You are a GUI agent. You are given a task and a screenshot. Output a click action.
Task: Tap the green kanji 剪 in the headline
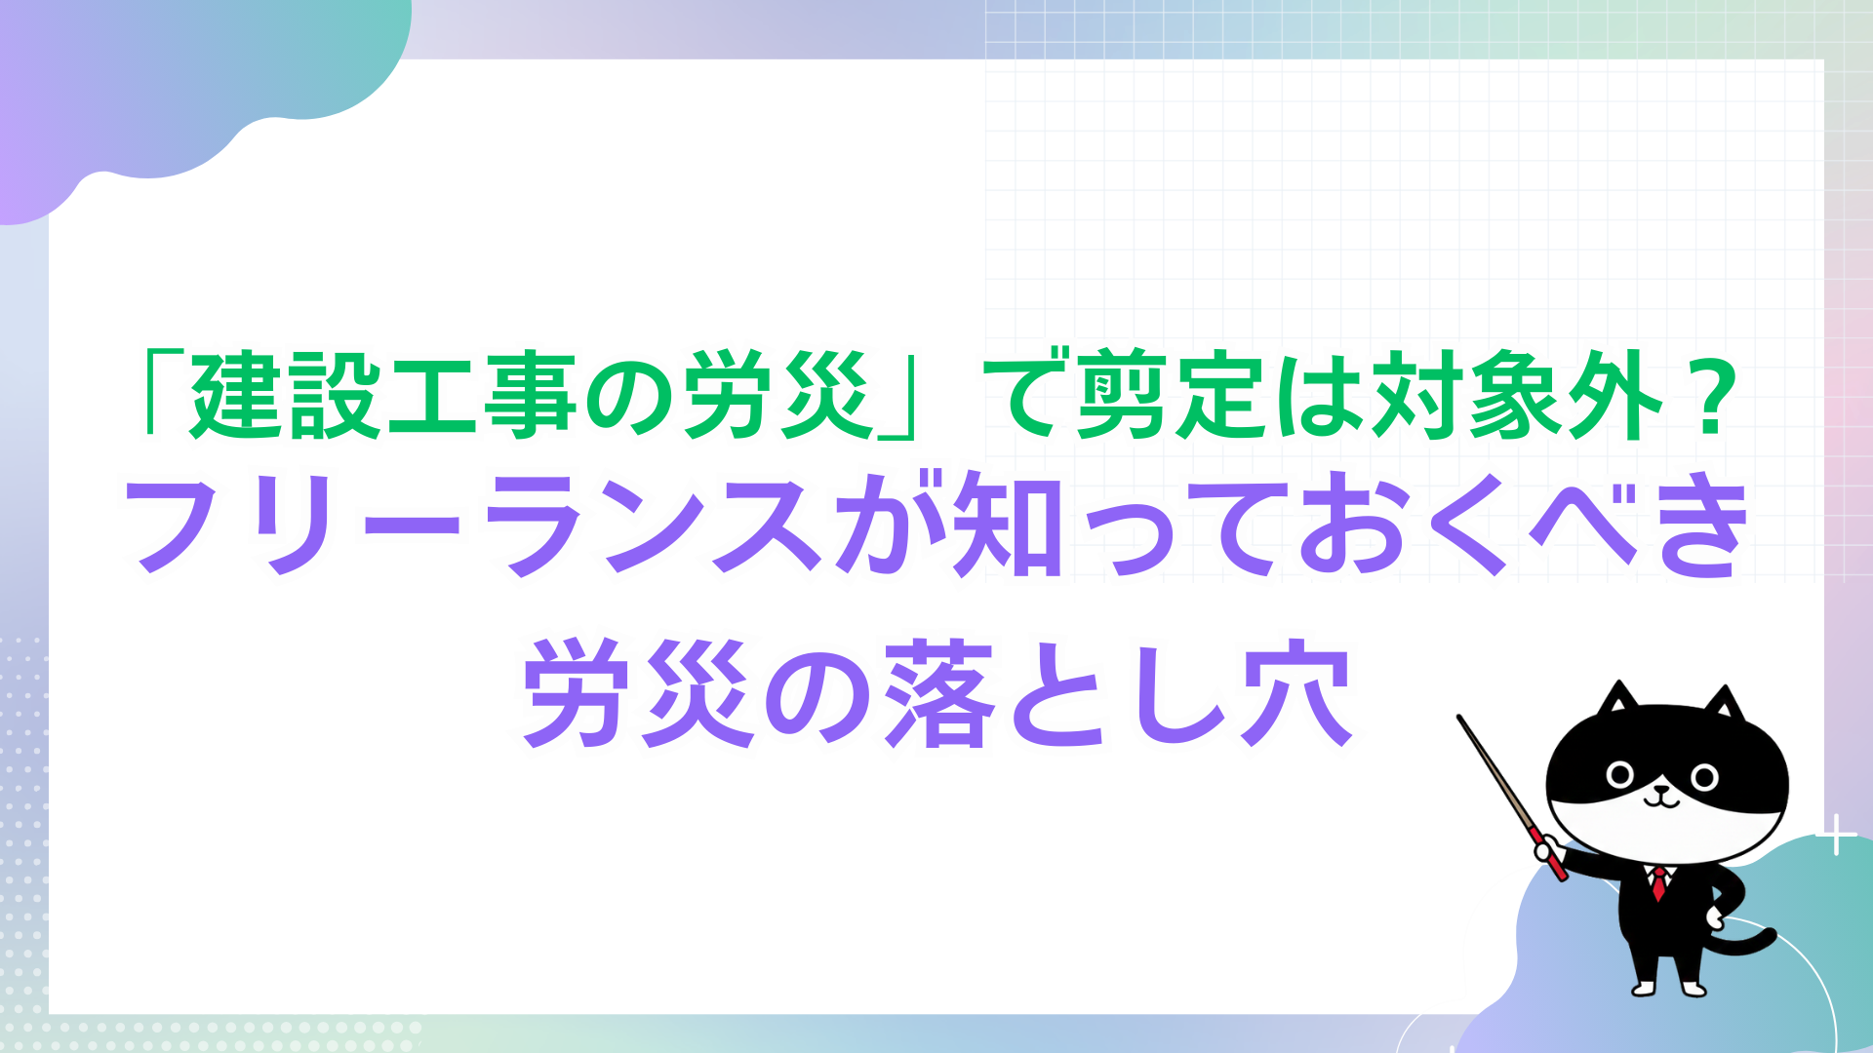pyautogui.click(x=1122, y=396)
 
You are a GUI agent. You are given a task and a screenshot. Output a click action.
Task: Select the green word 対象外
pyautogui.click(x=1517, y=396)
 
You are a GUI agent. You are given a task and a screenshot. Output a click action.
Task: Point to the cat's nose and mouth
pyautogui.click(x=1662, y=795)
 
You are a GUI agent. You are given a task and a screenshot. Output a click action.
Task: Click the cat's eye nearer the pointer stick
pyautogui.click(x=1619, y=775)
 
